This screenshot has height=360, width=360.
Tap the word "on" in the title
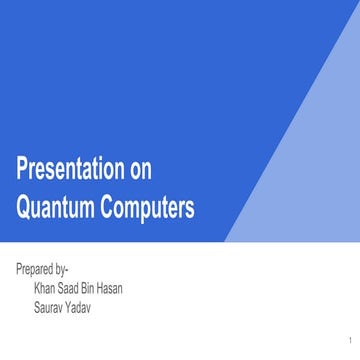point(141,168)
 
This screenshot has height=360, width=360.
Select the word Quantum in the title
point(54,208)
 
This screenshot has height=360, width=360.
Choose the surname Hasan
point(127,289)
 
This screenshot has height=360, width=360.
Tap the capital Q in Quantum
point(23,208)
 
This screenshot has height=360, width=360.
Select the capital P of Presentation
point(22,168)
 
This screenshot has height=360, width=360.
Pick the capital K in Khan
point(37,289)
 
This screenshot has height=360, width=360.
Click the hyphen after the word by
point(78,271)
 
